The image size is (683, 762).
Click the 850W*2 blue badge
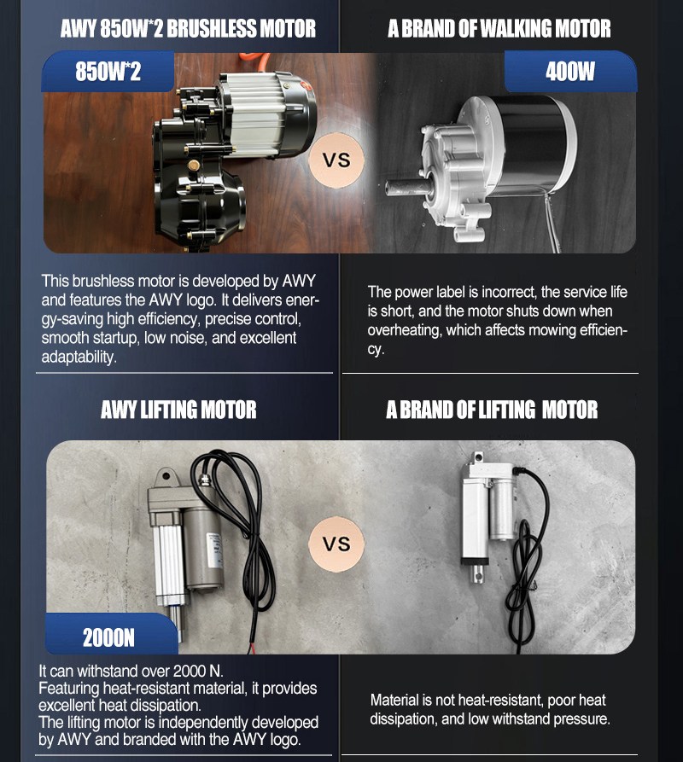click(x=108, y=72)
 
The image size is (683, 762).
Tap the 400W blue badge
click(x=570, y=72)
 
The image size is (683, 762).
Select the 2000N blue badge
click(x=111, y=634)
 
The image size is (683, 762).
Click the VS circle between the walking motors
click(x=336, y=160)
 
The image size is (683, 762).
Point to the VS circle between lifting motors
click(x=336, y=544)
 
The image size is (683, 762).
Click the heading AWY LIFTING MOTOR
click(x=178, y=410)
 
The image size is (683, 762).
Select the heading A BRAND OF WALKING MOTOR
click(x=499, y=29)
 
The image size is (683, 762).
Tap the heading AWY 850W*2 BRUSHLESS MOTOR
click(x=188, y=29)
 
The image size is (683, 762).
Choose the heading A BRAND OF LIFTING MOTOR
click(x=492, y=410)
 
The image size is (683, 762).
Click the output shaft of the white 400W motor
click(x=406, y=187)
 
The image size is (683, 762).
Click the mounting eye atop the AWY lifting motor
click(x=166, y=476)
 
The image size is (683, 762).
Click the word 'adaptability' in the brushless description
click(x=79, y=358)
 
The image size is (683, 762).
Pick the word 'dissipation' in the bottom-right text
click(x=404, y=719)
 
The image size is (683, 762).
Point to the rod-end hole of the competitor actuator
click(x=479, y=576)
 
